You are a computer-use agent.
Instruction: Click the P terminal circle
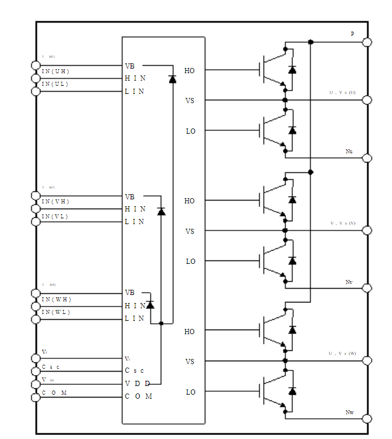(x=367, y=42)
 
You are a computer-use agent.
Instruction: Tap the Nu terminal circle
(x=367, y=158)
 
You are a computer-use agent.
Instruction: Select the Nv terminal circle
(x=367, y=288)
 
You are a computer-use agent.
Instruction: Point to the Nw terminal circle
(x=367, y=419)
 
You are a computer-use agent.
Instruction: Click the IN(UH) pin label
(x=55, y=71)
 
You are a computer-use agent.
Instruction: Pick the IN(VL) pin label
(x=55, y=216)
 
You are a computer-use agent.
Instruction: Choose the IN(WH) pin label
(x=55, y=300)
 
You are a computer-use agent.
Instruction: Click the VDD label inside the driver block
(x=138, y=384)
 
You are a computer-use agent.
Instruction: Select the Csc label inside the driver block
(x=135, y=370)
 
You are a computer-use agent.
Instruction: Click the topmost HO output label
(x=189, y=71)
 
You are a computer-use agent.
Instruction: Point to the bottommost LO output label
(x=191, y=392)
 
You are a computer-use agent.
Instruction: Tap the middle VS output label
(x=189, y=231)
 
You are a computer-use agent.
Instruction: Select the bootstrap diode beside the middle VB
(x=161, y=211)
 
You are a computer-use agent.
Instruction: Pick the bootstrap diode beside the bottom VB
(x=150, y=304)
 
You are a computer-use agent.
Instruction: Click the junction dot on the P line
(x=311, y=42)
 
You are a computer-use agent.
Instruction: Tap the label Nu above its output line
(x=349, y=152)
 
